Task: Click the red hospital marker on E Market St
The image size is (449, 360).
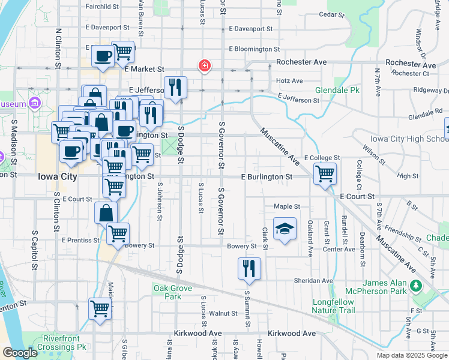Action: tap(204, 65)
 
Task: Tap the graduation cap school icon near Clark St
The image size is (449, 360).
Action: tap(285, 229)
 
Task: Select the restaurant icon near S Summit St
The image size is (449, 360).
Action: tap(249, 269)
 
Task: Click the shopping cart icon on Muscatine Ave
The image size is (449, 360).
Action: tap(325, 175)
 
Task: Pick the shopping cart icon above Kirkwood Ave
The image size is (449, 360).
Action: tap(100, 309)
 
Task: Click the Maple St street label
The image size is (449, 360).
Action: tap(287, 206)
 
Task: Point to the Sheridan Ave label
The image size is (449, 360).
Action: tap(313, 280)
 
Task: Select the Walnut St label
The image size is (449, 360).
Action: tap(223, 313)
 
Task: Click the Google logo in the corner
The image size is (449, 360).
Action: tap(20, 353)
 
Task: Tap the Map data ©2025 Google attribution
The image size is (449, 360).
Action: tap(411, 355)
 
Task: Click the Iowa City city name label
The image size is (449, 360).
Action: tap(57, 177)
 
